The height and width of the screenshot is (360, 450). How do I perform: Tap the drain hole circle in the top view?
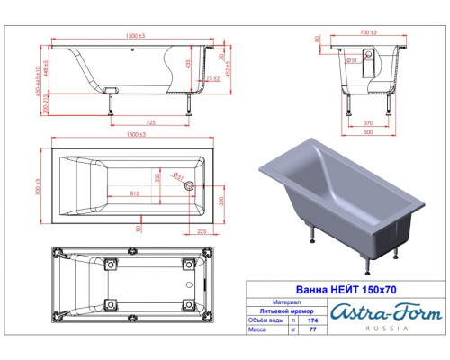point(189,186)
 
